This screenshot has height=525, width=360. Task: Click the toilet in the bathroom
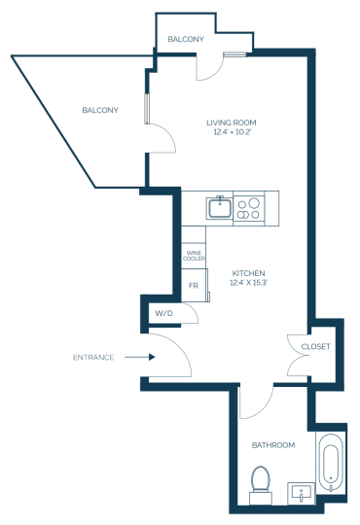(x=261, y=485)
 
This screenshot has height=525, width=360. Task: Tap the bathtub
(x=331, y=463)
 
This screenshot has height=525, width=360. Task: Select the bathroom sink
(x=302, y=494)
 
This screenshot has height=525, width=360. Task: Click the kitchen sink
(x=220, y=208)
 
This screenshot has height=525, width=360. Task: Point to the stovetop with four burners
(x=249, y=208)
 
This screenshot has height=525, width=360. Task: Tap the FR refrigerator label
(x=194, y=286)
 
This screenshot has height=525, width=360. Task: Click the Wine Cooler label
(x=194, y=256)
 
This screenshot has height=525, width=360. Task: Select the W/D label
(x=163, y=313)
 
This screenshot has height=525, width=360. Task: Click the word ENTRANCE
(x=93, y=357)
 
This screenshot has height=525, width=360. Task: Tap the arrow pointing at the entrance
(x=140, y=357)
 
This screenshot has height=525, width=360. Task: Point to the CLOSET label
(x=316, y=346)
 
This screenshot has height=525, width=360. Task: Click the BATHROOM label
(x=273, y=445)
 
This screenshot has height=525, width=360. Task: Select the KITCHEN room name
(x=248, y=273)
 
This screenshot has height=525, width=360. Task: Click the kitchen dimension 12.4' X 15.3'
(x=248, y=283)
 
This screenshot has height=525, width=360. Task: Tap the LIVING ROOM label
(x=232, y=122)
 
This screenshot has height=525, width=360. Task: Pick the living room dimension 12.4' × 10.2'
(x=233, y=132)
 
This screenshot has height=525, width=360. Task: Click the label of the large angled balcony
(x=100, y=110)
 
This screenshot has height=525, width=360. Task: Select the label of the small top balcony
(x=186, y=39)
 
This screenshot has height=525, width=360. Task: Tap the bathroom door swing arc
(x=265, y=409)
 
